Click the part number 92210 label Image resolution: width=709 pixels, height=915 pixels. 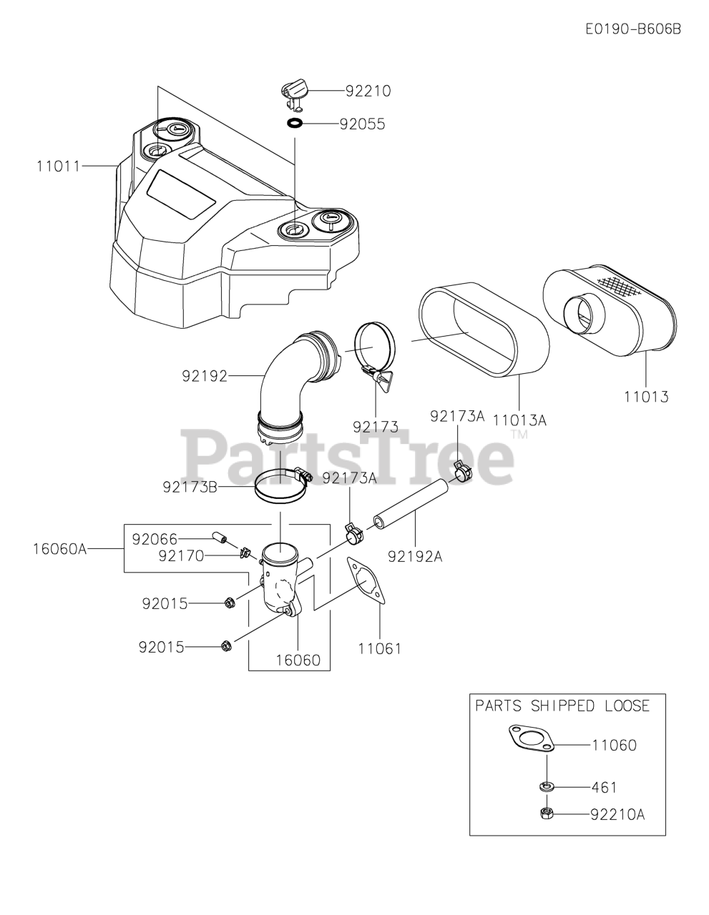tap(368, 91)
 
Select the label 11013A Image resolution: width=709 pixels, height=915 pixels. tap(519, 420)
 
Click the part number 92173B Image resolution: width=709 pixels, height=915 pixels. tap(190, 488)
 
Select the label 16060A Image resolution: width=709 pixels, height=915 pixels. tap(59, 549)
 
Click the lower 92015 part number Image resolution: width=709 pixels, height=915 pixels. tap(161, 648)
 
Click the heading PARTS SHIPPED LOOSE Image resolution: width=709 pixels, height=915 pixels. tap(562, 706)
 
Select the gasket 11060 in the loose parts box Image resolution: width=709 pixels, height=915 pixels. tap(531, 738)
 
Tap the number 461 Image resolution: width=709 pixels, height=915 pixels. tap(604, 787)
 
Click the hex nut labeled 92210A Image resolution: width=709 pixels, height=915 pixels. tap(547, 813)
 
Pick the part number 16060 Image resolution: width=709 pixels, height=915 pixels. tap(298, 660)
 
